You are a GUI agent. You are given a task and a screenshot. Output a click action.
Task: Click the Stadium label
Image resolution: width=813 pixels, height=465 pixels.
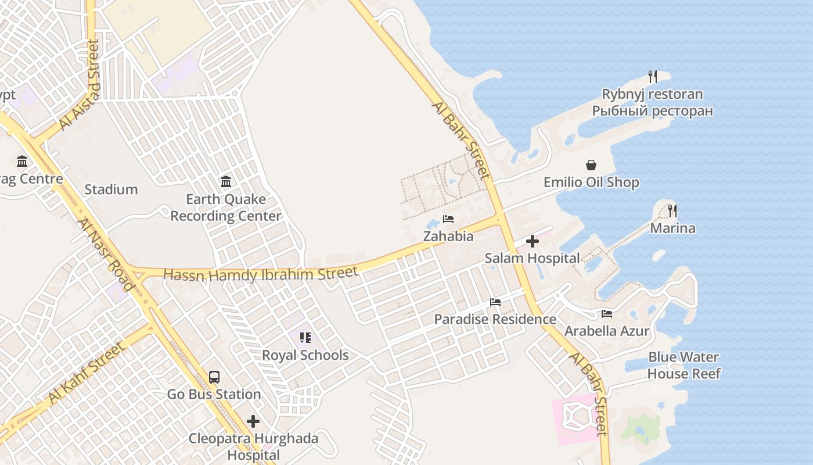[x=111, y=189]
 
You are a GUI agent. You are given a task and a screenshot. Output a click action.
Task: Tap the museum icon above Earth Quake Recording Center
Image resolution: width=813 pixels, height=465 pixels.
[x=226, y=181]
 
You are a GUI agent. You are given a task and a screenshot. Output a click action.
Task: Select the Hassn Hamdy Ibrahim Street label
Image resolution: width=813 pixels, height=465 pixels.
[x=261, y=274]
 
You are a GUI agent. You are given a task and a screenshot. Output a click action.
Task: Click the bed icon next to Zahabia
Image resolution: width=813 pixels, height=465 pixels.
[x=448, y=219]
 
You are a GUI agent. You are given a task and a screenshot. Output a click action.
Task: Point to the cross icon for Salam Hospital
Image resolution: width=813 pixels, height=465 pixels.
[x=532, y=241]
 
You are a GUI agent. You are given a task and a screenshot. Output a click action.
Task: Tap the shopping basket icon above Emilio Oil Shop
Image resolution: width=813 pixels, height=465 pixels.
[x=591, y=165]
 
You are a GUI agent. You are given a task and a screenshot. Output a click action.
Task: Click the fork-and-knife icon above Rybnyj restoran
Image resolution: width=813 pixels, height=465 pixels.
[x=653, y=76]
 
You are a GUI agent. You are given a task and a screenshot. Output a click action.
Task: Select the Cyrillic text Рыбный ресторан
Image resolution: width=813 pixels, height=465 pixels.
[x=652, y=111]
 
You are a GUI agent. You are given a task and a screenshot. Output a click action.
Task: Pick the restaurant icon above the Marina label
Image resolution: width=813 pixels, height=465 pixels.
[x=672, y=210]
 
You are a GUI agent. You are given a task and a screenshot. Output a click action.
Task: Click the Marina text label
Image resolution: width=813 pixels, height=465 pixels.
[x=672, y=228]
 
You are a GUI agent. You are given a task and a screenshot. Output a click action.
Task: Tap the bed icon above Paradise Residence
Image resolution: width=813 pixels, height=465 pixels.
[x=495, y=302]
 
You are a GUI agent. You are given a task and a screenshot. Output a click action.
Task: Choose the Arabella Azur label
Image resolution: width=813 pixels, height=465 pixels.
[x=607, y=331]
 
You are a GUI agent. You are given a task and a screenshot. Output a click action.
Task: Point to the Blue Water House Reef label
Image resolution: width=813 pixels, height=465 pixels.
[x=684, y=365]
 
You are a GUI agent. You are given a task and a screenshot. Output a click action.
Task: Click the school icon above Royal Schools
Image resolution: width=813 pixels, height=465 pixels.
[x=305, y=338]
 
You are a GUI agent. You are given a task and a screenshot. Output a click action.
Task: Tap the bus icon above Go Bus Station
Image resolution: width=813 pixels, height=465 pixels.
[x=214, y=377]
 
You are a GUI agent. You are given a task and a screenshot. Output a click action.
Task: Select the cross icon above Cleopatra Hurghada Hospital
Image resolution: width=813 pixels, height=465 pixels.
[x=253, y=421]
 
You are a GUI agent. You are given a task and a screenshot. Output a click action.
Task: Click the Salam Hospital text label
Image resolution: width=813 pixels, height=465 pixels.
[x=532, y=258]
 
